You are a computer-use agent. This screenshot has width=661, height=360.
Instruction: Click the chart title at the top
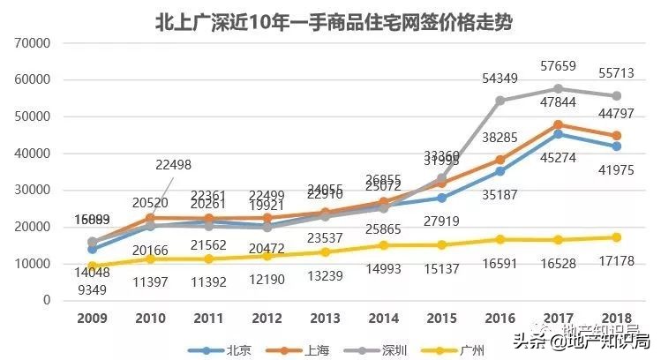[331, 19]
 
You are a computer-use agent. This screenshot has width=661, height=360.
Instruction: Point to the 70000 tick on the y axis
[34, 42]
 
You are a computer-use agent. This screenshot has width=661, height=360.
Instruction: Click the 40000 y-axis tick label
[34, 154]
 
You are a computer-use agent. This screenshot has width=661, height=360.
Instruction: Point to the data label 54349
[500, 80]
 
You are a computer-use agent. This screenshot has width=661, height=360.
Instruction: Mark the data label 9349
[94, 289]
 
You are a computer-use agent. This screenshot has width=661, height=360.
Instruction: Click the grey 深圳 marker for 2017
[557, 89]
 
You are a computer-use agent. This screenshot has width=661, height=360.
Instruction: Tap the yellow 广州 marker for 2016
[500, 239]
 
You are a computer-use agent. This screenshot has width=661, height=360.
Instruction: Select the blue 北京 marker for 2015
[441, 198]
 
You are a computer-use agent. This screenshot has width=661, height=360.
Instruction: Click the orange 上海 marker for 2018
[615, 136]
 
